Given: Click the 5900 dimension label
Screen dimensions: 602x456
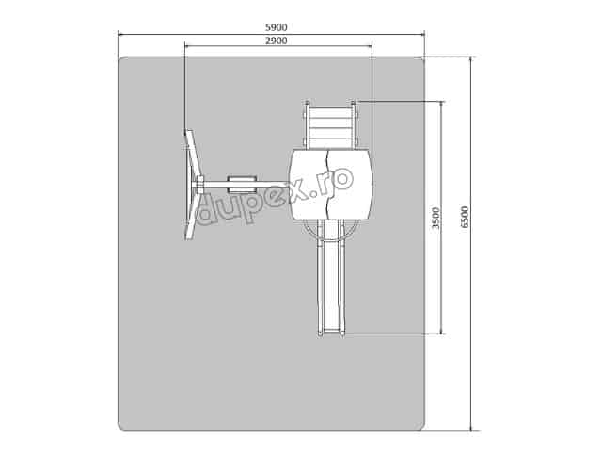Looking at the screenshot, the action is click(277, 27).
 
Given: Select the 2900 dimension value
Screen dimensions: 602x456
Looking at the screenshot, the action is click(277, 41).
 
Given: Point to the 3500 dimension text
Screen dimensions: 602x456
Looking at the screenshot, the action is click(436, 218).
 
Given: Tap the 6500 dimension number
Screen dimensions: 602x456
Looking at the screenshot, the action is click(464, 218).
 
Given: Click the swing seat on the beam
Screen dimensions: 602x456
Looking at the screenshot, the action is click(242, 185).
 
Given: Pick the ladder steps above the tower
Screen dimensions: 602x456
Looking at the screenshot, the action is click(330, 127).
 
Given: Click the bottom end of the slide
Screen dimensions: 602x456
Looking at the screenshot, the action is click(331, 333).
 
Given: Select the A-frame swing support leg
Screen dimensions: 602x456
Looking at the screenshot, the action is click(192, 185).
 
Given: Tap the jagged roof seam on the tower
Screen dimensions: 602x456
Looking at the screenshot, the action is click(327, 184).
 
